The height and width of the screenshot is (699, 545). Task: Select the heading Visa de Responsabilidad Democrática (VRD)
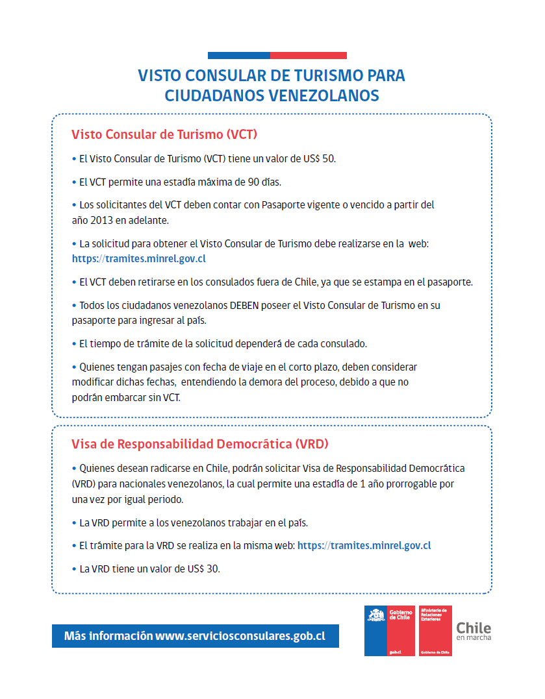click(200, 445)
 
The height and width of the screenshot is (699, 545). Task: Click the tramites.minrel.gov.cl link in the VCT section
click(139, 258)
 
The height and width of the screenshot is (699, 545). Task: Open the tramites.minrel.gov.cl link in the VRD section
click(364, 545)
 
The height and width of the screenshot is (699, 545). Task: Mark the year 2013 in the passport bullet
click(107, 220)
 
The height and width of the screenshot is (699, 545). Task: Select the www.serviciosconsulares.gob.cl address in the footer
click(240, 636)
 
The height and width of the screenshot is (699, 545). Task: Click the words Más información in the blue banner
click(108, 636)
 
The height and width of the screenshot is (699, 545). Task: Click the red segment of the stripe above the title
click(308, 55)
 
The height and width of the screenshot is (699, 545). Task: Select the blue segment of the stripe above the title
click(238, 55)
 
